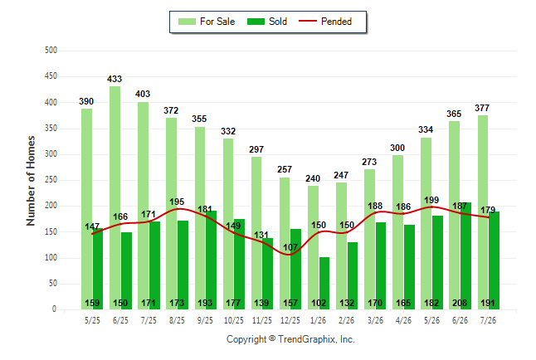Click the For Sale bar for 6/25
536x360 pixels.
(115, 198)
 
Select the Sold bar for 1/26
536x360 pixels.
(324, 284)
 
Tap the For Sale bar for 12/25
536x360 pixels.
(285, 243)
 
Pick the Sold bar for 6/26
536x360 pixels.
(465, 256)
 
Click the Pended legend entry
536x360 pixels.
(325, 22)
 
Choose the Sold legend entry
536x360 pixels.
(267, 22)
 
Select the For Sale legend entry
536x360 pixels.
(207, 22)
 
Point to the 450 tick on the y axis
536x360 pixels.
(51, 75)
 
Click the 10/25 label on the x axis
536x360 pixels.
(234, 320)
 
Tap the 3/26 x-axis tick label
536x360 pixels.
(375, 320)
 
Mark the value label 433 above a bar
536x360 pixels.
(115, 79)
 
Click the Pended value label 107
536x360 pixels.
(290, 247)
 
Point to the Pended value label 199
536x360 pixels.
(431, 200)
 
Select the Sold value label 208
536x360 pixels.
(460, 303)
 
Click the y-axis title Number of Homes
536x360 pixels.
(31, 181)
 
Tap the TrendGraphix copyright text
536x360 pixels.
(290, 339)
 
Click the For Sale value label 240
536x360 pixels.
(313, 178)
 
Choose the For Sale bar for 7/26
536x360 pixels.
(483, 212)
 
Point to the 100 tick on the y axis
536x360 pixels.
(51, 258)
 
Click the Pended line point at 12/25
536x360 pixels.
(290, 255)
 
